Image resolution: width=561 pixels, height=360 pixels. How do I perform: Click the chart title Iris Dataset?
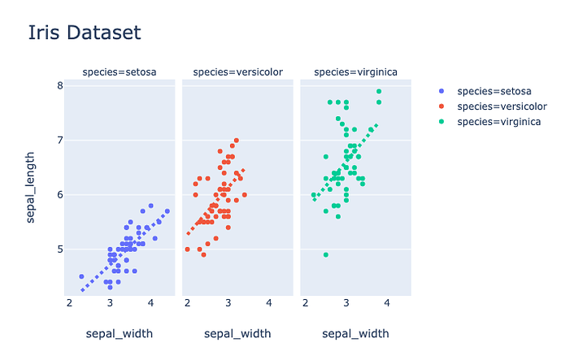85,33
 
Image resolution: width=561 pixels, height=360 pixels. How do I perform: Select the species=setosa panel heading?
120,73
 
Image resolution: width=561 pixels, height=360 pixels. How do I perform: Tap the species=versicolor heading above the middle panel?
237,73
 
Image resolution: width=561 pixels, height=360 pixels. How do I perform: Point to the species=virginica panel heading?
355,73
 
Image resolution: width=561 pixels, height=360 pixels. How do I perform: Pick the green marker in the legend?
441,122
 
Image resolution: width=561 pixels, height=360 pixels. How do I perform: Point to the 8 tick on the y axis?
60,86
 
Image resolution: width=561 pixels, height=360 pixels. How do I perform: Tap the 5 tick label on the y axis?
60,249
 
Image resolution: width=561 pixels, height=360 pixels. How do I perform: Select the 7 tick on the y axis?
60,141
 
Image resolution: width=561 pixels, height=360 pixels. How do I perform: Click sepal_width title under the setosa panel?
120,333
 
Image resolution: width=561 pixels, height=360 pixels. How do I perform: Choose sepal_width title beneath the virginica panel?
355,333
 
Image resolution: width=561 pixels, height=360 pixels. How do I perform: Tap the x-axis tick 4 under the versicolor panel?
269,303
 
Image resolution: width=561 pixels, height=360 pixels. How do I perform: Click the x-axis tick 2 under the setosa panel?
69,303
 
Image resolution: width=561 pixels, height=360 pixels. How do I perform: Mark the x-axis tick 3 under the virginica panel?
346,303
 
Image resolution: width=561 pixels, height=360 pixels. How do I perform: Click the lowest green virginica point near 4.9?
326,254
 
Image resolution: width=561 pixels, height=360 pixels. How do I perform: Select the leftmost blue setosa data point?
81,276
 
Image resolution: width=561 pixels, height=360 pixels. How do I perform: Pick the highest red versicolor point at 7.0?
237,141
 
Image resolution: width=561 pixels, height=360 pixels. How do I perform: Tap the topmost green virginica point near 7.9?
379,92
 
